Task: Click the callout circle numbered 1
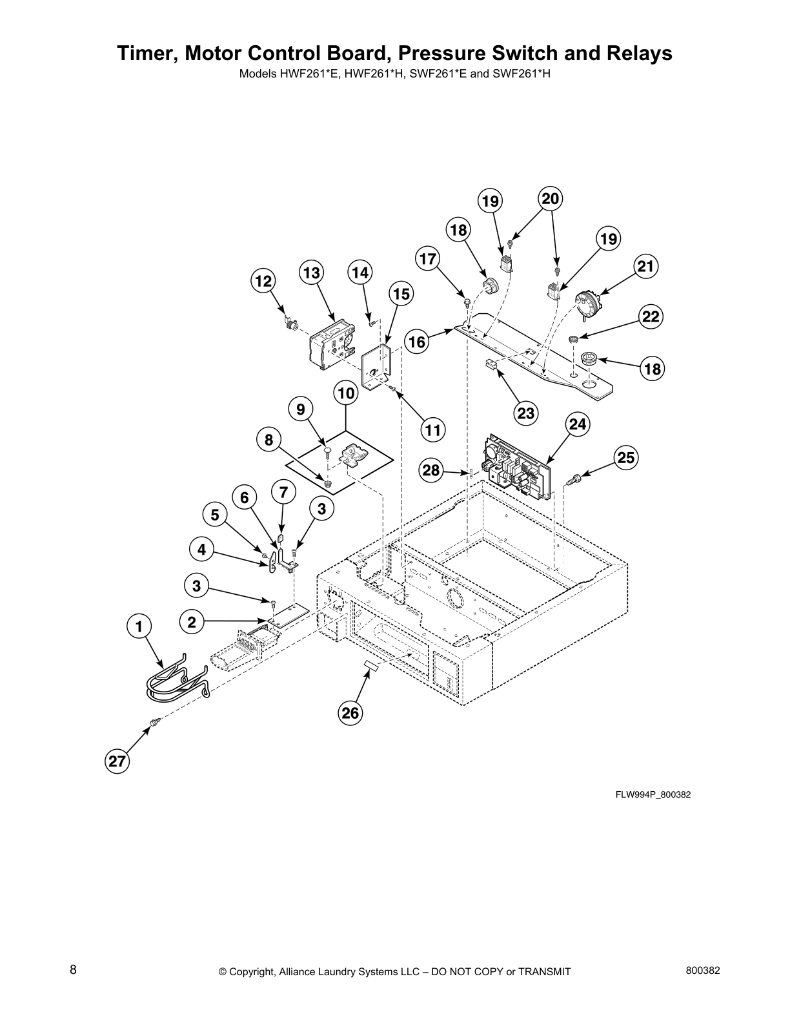[139, 626]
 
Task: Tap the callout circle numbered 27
[117, 761]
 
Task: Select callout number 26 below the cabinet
[350, 713]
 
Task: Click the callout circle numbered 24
[578, 424]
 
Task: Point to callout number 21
[645, 266]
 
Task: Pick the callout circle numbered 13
[311, 273]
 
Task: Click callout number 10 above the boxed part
[346, 393]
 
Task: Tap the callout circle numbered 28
[430, 470]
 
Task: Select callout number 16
[418, 341]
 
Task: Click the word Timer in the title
[147, 54]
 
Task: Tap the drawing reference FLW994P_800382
[653, 794]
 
